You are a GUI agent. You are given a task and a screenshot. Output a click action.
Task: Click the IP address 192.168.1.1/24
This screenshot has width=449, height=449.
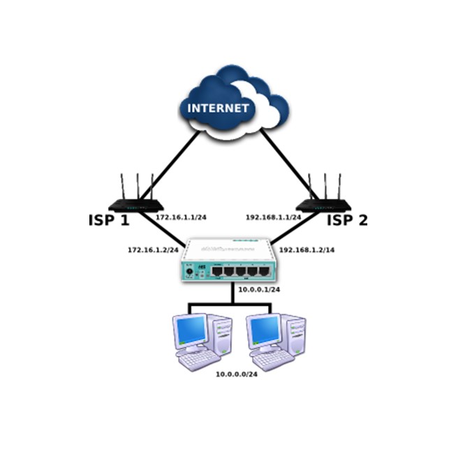tap(273, 217)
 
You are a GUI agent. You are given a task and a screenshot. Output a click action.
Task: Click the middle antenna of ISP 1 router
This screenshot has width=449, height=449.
tap(138, 186)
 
